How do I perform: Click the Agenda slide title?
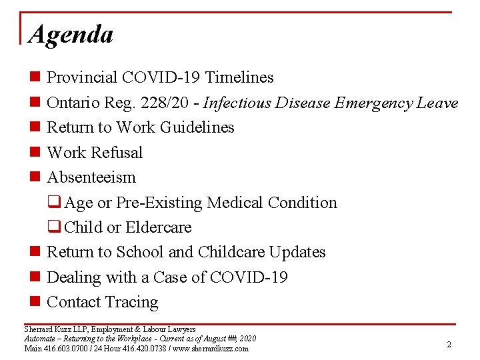(x=71, y=33)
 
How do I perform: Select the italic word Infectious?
(x=234, y=103)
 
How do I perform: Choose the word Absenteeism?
(x=91, y=177)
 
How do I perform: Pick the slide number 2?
(x=449, y=345)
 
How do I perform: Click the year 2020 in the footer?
(x=247, y=339)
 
